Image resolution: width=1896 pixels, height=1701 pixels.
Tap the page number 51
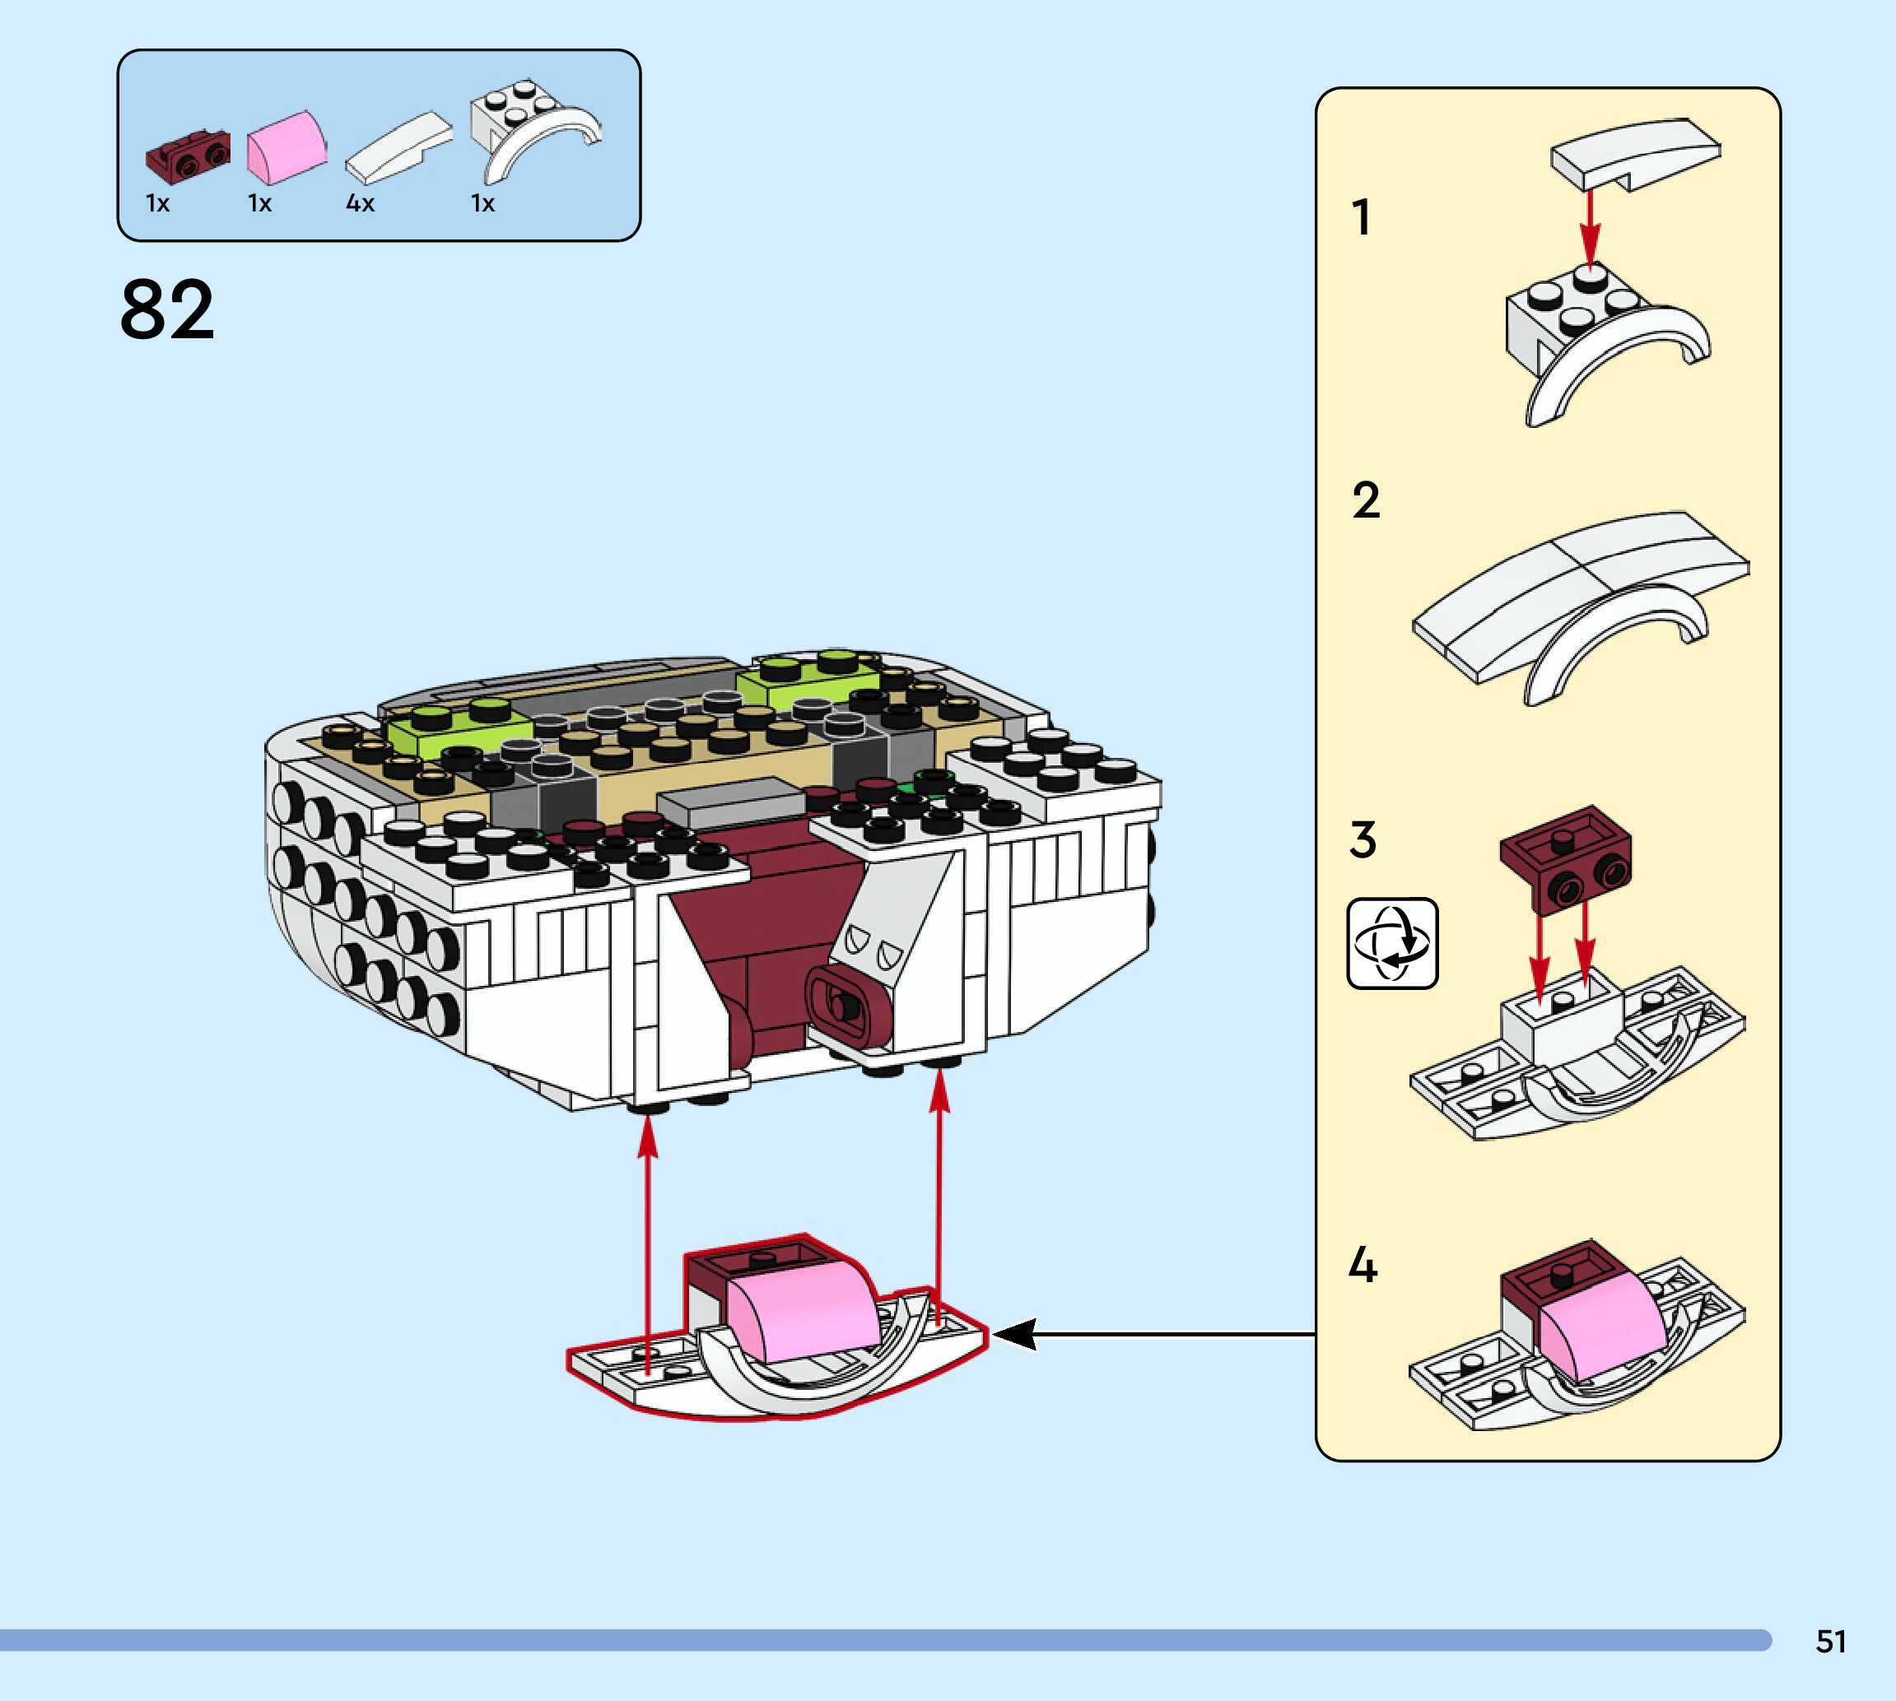coord(1831,1640)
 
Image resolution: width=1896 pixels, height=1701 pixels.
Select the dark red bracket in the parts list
coord(188,158)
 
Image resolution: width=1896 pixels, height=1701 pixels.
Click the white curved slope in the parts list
coord(398,147)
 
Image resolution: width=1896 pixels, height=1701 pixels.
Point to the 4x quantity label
coord(360,202)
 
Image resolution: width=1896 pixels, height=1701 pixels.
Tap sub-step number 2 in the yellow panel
coord(1365,500)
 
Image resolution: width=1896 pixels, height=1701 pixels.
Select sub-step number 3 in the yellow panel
coord(1363,839)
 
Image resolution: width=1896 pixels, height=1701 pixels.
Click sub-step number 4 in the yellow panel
coord(1363,1265)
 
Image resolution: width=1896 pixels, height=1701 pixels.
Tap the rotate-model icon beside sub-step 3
coord(1392,943)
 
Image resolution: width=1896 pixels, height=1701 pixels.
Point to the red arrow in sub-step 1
coord(1591,229)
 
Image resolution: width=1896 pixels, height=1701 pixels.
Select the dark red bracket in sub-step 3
coord(1567,858)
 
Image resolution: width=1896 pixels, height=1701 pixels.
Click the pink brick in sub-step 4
coord(1600,1327)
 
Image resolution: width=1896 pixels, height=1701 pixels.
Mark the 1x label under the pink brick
coord(260,202)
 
